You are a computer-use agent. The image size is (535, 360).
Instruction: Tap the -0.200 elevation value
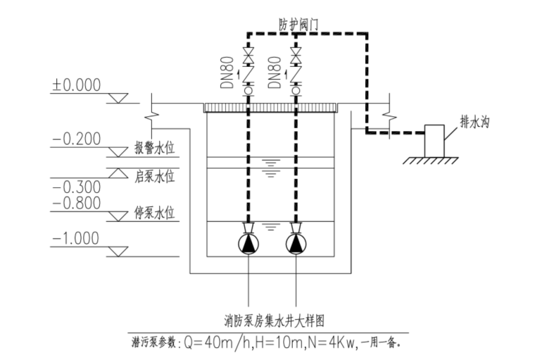(x=76, y=139)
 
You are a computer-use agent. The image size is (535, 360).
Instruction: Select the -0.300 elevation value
(x=76, y=187)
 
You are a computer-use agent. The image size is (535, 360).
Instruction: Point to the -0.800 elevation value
(x=76, y=204)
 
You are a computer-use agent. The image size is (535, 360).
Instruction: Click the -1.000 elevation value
(x=76, y=239)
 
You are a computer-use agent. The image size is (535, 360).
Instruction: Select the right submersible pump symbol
(x=296, y=244)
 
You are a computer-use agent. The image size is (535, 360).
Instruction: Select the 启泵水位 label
(x=154, y=174)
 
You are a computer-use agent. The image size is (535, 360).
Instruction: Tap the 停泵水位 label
(x=154, y=212)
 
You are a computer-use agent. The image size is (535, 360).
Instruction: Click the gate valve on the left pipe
(x=248, y=54)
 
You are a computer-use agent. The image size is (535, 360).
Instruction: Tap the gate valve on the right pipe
(x=296, y=54)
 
